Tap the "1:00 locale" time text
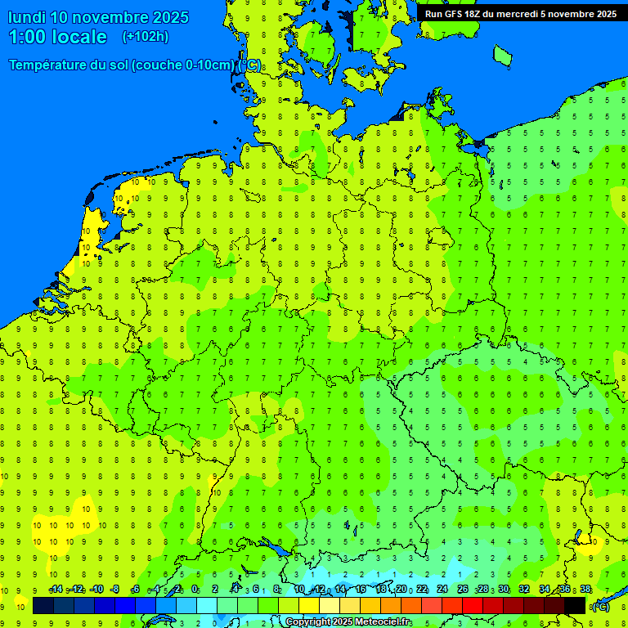pos(58,37)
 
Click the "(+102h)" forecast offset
pos(146,37)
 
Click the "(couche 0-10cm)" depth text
pos(185,65)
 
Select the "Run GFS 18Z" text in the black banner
pos(455,14)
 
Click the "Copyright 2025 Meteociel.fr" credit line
pos(348,621)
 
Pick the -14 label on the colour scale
pos(56,590)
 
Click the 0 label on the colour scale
pos(195,590)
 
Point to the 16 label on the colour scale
pos(361,590)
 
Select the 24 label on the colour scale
pos(442,590)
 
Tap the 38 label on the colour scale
pos(585,590)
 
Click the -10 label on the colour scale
pos(96,590)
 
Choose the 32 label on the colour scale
pos(524,590)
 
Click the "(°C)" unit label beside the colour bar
pos(601,606)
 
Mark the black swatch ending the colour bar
pos(575,606)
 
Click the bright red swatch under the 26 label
pos(463,606)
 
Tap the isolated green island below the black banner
pos(502,56)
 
